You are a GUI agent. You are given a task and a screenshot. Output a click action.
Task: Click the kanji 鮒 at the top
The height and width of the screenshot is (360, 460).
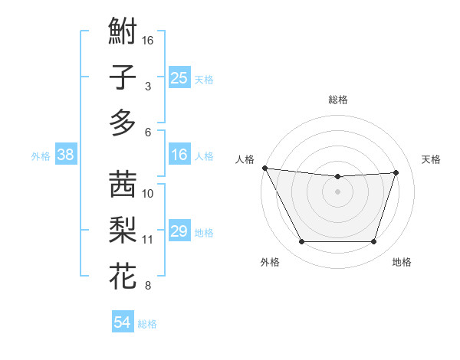click(x=123, y=32)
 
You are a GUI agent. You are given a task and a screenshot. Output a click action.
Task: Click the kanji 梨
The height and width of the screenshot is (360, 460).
click(x=123, y=230)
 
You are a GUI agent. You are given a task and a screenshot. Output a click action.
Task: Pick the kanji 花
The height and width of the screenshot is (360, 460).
click(x=123, y=276)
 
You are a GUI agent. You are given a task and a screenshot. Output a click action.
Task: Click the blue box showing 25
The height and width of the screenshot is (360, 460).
click(x=179, y=77)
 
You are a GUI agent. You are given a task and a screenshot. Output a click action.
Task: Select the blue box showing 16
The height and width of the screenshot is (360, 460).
click(x=179, y=155)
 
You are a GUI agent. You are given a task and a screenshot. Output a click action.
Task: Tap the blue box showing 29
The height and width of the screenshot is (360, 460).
click(x=179, y=231)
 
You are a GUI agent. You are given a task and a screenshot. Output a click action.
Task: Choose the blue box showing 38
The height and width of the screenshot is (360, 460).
click(x=65, y=155)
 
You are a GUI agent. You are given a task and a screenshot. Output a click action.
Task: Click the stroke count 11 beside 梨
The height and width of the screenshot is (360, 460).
click(x=148, y=240)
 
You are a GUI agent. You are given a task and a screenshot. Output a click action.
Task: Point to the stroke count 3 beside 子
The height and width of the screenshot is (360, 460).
click(x=148, y=87)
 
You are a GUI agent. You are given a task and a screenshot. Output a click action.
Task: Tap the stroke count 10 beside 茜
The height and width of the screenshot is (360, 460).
click(x=148, y=194)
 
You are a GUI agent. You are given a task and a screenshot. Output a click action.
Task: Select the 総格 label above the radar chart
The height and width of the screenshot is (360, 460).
click(x=337, y=100)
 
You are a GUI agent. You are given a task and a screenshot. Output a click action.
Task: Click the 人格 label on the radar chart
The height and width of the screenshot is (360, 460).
click(x=246, y=159)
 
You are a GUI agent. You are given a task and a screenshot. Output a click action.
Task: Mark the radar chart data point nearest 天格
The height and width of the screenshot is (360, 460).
click(x=396, y=172)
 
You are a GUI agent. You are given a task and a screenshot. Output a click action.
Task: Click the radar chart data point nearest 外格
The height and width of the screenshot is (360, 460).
click(x=301, y=242)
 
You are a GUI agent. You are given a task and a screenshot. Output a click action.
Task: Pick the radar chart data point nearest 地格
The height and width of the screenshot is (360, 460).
click(x=373, y=242)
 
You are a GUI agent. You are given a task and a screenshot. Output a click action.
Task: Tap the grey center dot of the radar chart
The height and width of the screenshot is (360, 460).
click(x=337, y=191)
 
